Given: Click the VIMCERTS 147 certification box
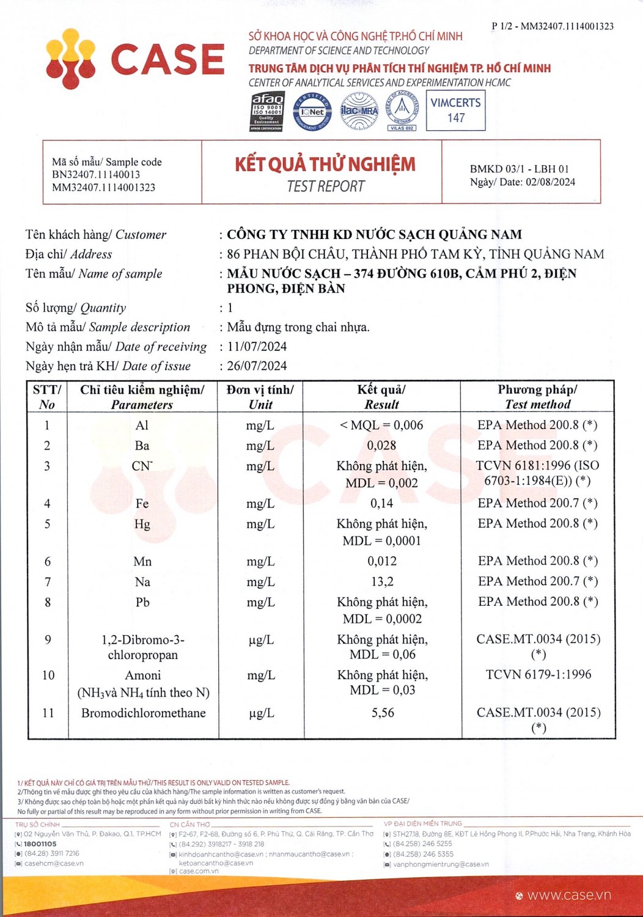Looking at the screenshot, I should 456,111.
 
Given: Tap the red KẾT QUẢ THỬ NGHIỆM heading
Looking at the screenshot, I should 325,164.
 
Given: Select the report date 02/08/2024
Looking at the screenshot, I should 550,182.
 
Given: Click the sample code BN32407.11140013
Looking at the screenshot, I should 96,175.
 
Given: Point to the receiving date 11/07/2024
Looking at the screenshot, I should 257,347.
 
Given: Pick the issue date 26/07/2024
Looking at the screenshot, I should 257,366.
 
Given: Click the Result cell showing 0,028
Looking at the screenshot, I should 381,446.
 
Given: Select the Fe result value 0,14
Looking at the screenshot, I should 381,503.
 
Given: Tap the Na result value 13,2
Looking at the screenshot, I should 382,581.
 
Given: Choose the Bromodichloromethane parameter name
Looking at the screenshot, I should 143,713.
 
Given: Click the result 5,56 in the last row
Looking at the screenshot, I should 383,713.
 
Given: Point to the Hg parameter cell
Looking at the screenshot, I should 142,524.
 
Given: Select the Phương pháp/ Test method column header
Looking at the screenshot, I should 537,397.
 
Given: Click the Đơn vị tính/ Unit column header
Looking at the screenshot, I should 260,397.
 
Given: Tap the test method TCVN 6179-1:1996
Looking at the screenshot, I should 538,674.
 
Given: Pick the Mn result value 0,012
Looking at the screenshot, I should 382,561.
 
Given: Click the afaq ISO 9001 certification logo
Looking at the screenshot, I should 268,111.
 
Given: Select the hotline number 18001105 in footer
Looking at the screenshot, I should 40,844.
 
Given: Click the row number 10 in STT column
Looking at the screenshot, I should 48,675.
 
